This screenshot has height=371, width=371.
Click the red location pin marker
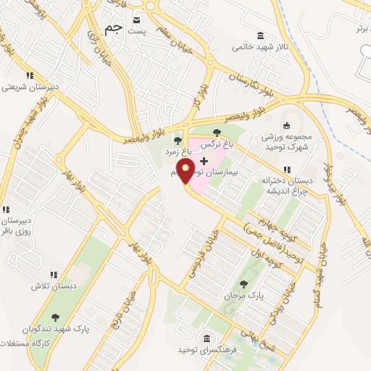186,172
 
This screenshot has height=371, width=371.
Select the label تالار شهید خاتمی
259,47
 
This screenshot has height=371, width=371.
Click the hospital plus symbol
203,159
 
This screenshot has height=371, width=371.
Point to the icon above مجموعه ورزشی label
286,124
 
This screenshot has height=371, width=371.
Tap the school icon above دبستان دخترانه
287,170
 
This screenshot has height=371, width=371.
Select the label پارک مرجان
243,296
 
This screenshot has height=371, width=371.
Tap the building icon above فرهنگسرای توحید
207,338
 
